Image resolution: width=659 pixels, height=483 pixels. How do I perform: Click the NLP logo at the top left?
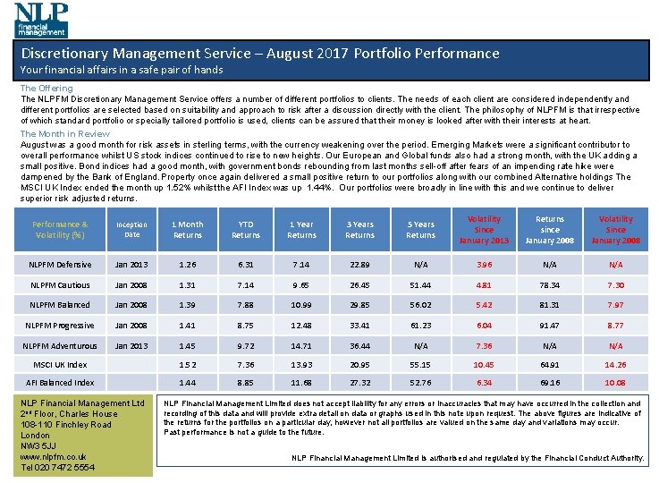(41, 18)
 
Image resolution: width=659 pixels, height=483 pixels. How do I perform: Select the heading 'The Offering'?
(46, 89)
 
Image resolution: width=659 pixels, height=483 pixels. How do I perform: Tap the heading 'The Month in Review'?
(64, 133)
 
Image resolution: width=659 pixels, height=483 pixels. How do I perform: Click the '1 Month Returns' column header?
(187, 230)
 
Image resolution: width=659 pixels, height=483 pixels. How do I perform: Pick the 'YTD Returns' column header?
(246, 230)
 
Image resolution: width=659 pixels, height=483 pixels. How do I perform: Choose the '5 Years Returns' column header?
(420, 230)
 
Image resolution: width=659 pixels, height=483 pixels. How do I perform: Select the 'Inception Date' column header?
(131, 230)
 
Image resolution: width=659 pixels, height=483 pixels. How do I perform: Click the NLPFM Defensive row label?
(60, 265)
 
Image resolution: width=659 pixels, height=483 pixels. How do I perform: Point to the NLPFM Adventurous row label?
(61, 346)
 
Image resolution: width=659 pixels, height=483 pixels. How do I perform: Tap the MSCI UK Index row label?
(60, 365)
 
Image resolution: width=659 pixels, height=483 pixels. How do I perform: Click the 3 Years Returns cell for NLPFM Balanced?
(359, 306)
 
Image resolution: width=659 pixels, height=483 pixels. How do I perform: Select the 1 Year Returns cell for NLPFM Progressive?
(301, 326)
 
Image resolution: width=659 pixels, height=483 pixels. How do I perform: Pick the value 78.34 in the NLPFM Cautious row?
(549, 285)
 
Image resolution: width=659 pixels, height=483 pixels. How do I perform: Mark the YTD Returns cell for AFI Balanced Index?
(246, 383)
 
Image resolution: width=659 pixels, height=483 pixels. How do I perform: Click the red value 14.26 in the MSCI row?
(615, 365)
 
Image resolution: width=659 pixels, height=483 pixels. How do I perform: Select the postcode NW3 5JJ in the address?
(39, 445)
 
